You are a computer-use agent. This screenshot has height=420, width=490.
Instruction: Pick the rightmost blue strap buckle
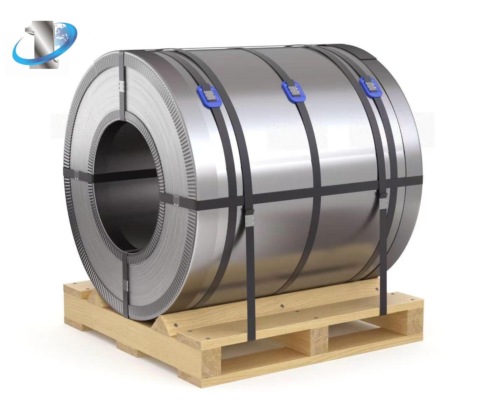[371, 87]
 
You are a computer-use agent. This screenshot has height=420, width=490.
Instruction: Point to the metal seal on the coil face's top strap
[121, 86]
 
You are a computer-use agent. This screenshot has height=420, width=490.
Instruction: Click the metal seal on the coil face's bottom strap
[126, 285]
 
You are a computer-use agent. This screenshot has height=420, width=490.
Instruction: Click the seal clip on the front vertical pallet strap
[250, 219]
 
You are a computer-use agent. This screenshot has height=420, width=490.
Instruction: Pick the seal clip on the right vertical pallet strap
[383, 203]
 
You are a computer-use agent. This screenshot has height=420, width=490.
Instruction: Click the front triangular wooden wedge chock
[164, 324]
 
